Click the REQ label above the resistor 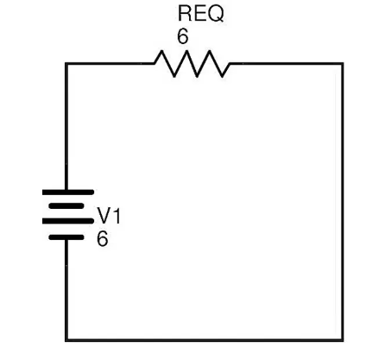click(x=200, y=14)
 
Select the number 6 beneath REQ click(x=183, y=36)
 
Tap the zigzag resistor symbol click(x=192, y=64)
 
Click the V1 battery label click(x=109, y=216)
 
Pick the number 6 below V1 click(x=103, y=239)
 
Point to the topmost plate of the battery click(x=68, y=193)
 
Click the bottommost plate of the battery click(x=66, y=237)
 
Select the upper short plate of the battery click(x=66, y=206)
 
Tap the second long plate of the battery click(x=68, y=221)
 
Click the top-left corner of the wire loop click(x=66, y=64)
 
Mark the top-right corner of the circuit click(x=342, y=64)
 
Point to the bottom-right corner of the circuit click(x=342, y=340)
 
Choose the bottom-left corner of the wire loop click(x=66, y=340)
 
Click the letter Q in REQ click(x=216, y=14)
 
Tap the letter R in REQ click(x=185, y=14)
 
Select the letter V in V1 click(x=104, y=216)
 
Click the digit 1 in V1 click(x=117, y=216)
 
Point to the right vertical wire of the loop click(x=342, y=202)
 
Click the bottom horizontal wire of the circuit click(x=205, y=340)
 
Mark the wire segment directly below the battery click(x=66, y=289)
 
